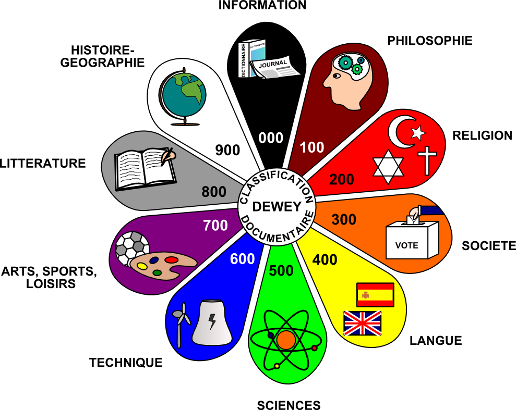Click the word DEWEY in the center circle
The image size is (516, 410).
[x=277, y=207]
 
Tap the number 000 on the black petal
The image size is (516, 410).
[x=271, y=138]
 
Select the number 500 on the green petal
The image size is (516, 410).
[x=282, y=270]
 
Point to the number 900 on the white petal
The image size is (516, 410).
[x=227, y=150]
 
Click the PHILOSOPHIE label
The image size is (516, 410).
[x=429, y=41]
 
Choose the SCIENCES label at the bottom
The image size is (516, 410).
[x=289, y=405]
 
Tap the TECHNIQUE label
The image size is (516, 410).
[x=126, y=363]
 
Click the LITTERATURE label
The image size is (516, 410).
[x=43, y=163]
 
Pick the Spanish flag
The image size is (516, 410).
[x=375, y=295]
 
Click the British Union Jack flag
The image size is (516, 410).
[x=362, y=323]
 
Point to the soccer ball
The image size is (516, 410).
[x=131, y=247]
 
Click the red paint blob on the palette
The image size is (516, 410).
[x=171, y=259]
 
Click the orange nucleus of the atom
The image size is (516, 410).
[x=286, y=340]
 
